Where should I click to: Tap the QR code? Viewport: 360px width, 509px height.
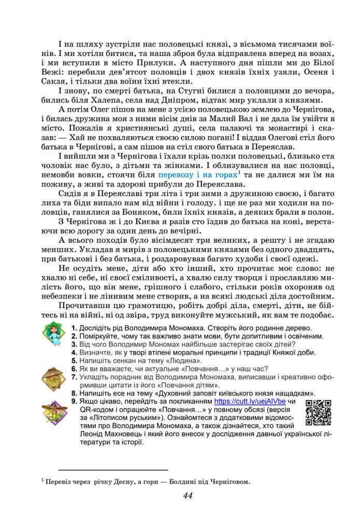(x=318, y=412)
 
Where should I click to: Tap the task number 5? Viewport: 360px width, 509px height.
(x=75, y=360)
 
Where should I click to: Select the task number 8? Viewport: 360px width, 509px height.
(x=75, y=392)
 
